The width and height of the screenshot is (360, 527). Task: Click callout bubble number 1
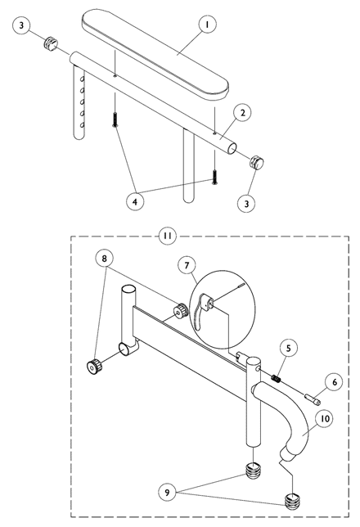click(207, 25)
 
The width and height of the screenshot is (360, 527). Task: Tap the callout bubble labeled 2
click(243, 113)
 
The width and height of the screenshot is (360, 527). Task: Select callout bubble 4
click(135, 201)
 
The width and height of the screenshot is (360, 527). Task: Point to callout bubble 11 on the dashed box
click(168, 236)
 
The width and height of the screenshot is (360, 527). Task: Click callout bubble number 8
click(104, 258)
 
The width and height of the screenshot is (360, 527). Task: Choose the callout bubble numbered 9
click(168, 493)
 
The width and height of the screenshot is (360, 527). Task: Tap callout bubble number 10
click(325, 418)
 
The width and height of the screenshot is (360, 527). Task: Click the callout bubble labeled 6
click(334, 382)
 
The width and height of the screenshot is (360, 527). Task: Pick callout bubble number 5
click(289, 349)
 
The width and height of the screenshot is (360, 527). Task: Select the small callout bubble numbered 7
click(187, 265)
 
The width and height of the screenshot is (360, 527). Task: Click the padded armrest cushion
click(155, 55)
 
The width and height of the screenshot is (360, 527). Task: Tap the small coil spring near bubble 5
click(276, 379)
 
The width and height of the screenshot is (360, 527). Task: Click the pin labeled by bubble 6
click(313, 399)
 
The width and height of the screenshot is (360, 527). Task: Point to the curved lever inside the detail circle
click(199, 313)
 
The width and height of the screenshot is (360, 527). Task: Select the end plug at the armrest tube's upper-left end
click(51, 45)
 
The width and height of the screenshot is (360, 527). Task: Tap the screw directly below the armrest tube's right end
click(214, 178)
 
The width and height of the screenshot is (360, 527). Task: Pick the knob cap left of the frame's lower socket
click(93, 367)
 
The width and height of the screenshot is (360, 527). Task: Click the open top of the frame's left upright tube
click(128, 289)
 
